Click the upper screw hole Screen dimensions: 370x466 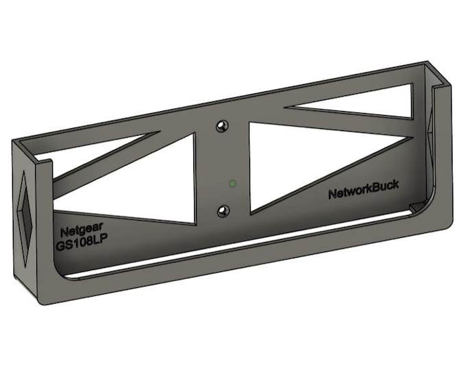[221, 126]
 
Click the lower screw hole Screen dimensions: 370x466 [221, 210]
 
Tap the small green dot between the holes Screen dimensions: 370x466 [232, 183]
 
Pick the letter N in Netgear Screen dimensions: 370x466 [63, 232]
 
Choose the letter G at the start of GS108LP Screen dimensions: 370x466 [60, 245]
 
